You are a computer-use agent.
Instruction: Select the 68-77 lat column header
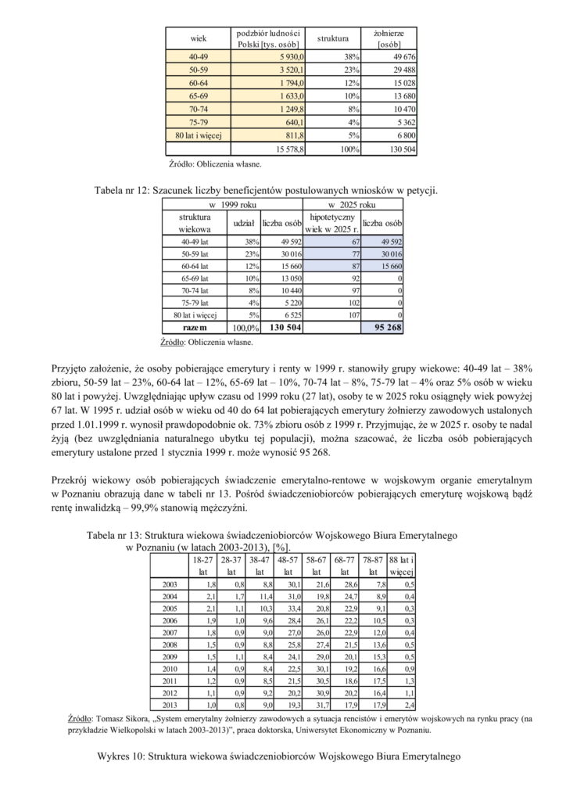point(345,566)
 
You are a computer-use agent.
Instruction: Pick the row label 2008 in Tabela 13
point(168,645)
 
